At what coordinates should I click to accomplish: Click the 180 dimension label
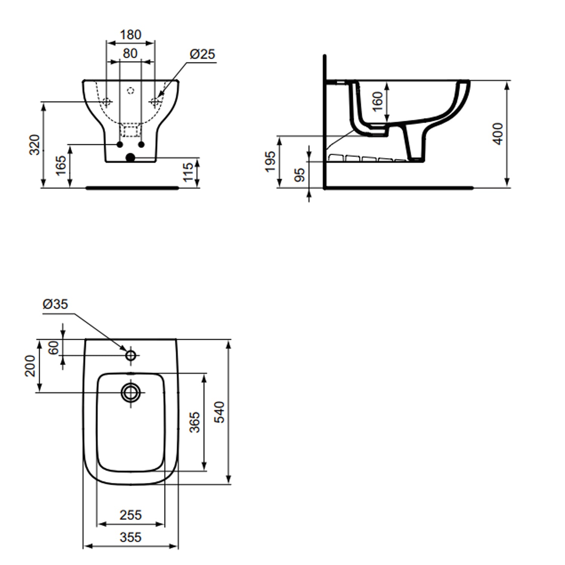pyautogui.click(x=130, y=35)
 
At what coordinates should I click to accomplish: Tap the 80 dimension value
pyautogui.click(x=130, y=53)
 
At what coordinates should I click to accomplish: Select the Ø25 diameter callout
pyautogui.click(x=202, y=54)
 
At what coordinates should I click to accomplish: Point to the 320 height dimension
pyautogui.click(x=35, y=145)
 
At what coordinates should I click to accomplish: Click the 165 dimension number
pyautogui.click(x=61, y=166)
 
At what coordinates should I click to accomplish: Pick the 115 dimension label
pyautogui.click(x=188, y=172)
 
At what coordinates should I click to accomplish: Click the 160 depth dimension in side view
pyautogui.click(x=377, y=102)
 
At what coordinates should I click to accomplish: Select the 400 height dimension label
pyautogui.click(x=498, y=134)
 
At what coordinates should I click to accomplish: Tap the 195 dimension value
pyautogui.click(x=270, y=162)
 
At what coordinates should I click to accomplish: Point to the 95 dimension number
pyautogui.click(x=299, y=174)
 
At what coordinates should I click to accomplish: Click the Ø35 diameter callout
pyautogui.click(x=55, y=304)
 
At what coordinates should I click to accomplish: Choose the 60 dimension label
pyautogui.click(x=53, y=347)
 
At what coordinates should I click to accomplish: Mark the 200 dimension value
pyautogui.click(x=30, y=366)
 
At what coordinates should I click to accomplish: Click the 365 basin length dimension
pyautogui.click(x=194, y=422)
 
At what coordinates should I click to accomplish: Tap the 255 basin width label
pyautogui.click(x=130, y=515)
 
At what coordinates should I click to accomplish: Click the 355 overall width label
pyautogui.click(x=130, y=537)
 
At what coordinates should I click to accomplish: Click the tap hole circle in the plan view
pyautogui.click(x=131, y=355)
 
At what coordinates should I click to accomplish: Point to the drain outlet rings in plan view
pyautogui.click(x=131, y=393)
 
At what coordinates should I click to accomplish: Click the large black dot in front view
pyautogui.click(x=130, y=157)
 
